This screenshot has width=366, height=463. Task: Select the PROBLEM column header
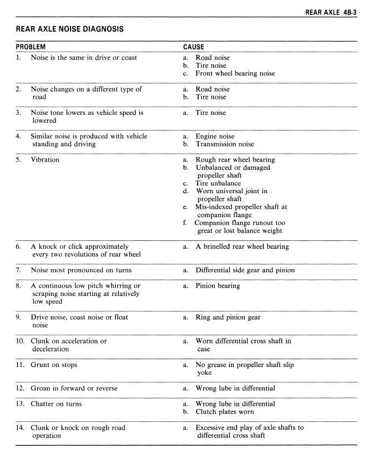coord(31,47)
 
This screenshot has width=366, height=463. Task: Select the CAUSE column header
coord(194,47)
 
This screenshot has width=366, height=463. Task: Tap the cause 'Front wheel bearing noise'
coord(235,73)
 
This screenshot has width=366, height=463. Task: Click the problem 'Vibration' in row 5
coord(45,160)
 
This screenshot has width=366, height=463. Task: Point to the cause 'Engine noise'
coord(215,136)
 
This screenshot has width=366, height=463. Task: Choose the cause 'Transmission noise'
coord(224,144)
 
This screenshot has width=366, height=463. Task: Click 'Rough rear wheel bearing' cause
coord(235,160)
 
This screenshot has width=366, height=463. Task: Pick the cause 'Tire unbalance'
coord(218,183)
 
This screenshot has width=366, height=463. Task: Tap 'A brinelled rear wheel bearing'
coord(242,246)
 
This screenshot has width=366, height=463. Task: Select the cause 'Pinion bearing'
coord(218,286)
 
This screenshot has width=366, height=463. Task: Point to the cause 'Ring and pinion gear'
coord(228,318)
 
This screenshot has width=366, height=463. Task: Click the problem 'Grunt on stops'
coord(54,365)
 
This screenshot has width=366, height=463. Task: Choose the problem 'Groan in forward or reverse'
coord(74,388)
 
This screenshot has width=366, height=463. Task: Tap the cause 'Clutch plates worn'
coord(224,412)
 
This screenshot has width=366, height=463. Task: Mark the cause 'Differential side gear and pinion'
coord(245,270)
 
